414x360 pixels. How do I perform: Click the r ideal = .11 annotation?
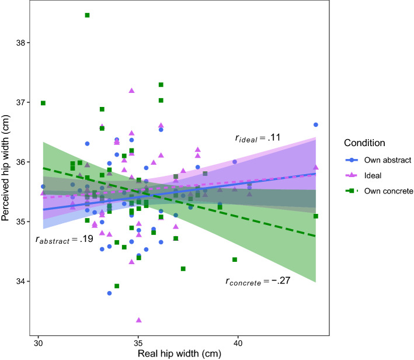click(258, 139)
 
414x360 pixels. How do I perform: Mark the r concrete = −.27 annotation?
click(258, 281)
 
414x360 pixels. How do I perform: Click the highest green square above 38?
click(87, 15)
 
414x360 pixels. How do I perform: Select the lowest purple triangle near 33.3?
click(138, 320)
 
